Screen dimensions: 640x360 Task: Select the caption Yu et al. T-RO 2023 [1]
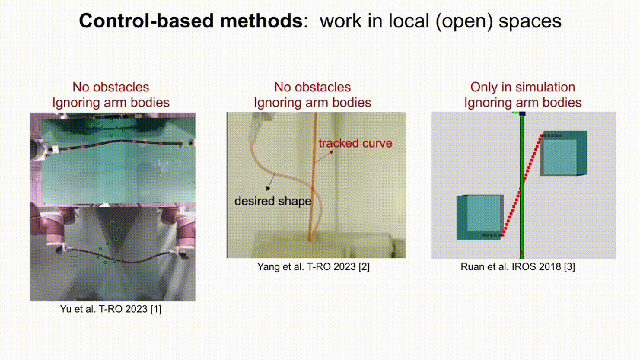point(110,309)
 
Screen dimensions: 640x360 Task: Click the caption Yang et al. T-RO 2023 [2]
point(313,266)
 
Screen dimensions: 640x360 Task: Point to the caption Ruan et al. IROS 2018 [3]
point(518,266)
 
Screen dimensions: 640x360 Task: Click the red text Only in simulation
point(523,87)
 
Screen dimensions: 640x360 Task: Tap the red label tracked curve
point(355,144)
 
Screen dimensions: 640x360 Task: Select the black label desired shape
point(273,201)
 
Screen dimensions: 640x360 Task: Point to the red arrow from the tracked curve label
point(324,158)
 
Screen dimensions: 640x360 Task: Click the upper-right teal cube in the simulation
point(563,154)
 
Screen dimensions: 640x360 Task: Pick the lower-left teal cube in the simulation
point(480,217)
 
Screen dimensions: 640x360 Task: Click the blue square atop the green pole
point(522,114)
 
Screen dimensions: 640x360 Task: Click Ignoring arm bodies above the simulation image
point(523,103)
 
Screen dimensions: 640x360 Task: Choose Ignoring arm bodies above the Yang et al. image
point(313,103)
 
